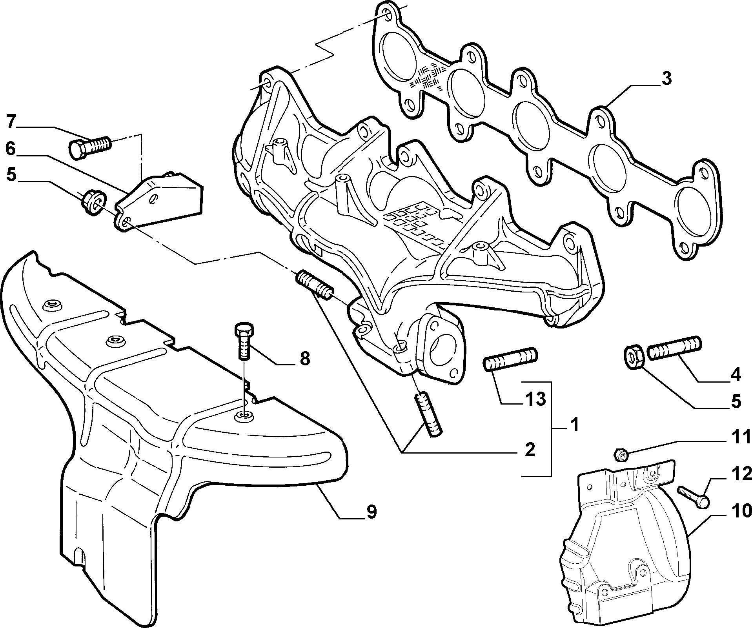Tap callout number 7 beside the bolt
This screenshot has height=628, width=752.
pos(11,122)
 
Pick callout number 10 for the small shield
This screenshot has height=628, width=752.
pos(741,511)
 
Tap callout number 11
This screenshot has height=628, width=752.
pos(740,437)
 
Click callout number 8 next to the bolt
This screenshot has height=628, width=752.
pos(304,358)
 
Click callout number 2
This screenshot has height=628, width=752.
pos(530,449)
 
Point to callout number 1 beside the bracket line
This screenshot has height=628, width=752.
pos(575,425)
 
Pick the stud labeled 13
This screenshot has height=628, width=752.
pos(510,359)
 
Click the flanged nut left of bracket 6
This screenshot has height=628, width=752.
pos(93,202)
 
